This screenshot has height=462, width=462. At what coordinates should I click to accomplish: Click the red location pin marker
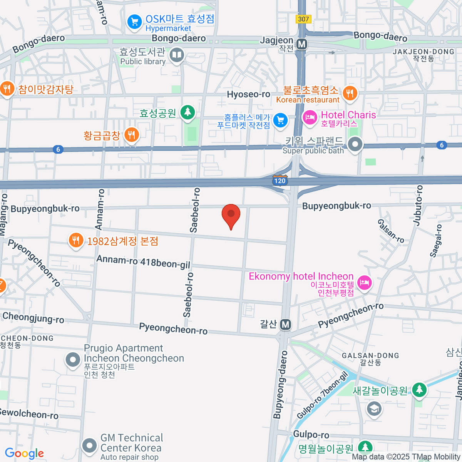coord(231,215)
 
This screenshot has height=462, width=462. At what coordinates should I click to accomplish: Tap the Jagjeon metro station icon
coord(302,44)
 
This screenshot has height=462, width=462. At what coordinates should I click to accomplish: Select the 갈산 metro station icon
coord(285,325)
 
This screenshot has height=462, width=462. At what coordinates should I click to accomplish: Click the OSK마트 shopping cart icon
coord(134,22)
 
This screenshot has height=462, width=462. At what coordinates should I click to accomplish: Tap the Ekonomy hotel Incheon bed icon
coord(364,283)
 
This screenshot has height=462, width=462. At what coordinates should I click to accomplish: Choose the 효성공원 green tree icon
coord(188,112)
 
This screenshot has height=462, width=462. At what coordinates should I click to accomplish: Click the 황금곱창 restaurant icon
coord(132,135)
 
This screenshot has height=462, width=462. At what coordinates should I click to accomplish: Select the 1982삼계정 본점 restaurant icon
coord(76,241)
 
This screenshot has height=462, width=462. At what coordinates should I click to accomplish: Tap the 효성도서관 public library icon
coord(177,55)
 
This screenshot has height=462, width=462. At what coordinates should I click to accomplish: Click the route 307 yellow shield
coord(303,19)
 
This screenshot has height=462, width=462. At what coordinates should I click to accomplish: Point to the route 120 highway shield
coord(280,180)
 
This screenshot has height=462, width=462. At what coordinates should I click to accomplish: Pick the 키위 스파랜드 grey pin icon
coord(355,145)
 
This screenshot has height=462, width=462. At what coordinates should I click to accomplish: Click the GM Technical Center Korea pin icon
coord(90,446)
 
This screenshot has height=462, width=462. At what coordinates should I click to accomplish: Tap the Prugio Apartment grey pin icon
coord(72,360)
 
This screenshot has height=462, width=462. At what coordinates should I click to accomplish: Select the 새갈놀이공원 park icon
coord(419,390)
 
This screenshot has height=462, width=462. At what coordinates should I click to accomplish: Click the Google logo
coord(24,454)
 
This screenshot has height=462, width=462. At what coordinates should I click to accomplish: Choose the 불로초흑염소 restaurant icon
coord(350,93)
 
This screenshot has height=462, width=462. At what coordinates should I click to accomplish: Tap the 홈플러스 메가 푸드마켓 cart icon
coord(280,121)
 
